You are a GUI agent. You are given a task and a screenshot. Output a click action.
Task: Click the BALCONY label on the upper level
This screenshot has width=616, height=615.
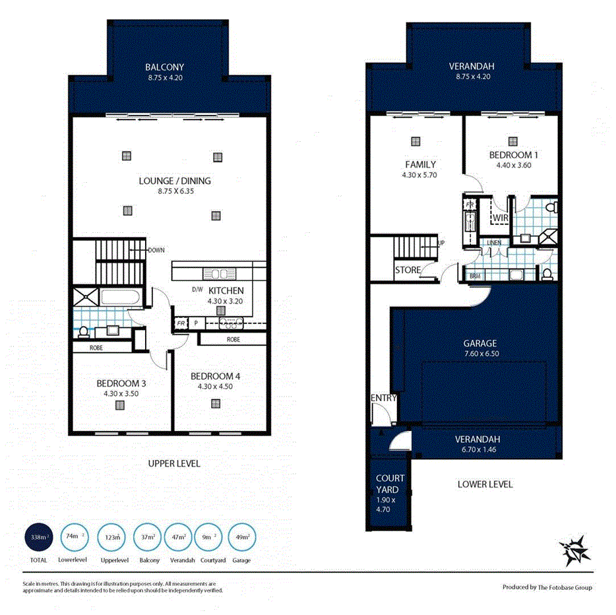coord(164,67)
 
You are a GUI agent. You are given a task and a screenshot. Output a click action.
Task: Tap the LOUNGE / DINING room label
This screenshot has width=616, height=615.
coord(175,181)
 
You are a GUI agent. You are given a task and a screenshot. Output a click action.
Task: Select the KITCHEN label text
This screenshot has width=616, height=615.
coord(226,290)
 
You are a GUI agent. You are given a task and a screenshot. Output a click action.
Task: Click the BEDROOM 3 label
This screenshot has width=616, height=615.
coord(121,383)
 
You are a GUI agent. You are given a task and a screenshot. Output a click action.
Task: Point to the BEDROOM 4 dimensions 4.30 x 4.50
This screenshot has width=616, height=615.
coord(216,387)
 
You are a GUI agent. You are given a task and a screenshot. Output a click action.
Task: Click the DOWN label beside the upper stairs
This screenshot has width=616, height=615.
coord(156,250)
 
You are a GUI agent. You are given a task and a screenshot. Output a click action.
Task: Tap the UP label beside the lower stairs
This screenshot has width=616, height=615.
coord(440,243)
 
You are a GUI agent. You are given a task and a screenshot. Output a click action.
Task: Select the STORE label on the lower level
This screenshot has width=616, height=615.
coord(408,270)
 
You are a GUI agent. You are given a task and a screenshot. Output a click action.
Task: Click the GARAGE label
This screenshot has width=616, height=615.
coord(479,343)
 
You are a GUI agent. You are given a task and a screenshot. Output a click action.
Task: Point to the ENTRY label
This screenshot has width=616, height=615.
coord(383,397)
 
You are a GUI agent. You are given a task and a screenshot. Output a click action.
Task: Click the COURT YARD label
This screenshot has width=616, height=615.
coord(390,484)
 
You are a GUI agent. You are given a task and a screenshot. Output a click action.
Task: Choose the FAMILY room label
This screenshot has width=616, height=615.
coord(420,164)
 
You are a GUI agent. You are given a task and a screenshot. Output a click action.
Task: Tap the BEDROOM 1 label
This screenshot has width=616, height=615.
coord(513,155)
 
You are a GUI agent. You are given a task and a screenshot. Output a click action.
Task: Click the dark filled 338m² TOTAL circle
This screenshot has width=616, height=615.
coord(37,537)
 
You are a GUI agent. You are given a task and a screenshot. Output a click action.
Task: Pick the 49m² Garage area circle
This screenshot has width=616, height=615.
coord(242,537)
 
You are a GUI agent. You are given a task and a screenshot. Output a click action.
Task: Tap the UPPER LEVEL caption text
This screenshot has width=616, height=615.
coord(174,464)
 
